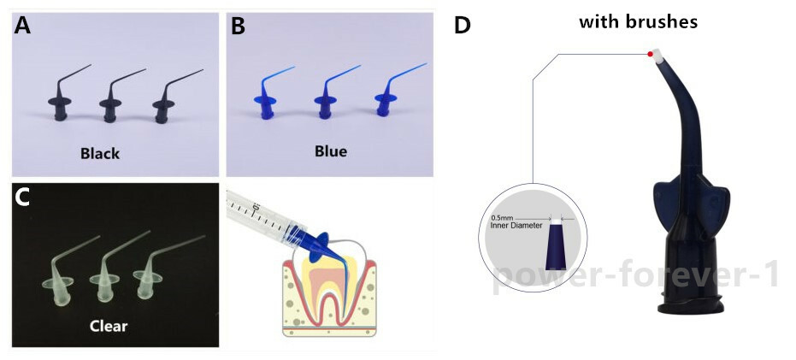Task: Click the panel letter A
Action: pyautogui.click(x=22, y=25)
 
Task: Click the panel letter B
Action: pyautogui.click(x=238, y=26)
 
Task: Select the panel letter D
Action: pyautogui.click(x=462, y=25)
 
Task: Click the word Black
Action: pyautogui.click(x=100, y=153)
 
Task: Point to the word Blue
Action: pyautogui.click(x=331, y=150)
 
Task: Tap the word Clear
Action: pyautogui.click(x=108, y=326)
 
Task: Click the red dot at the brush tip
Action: pyautogui.click(x=650, y=54)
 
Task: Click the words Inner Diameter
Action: pyautogui.click(x=516, y=226)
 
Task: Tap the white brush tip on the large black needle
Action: pyautogui.click(x=659, y=56)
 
